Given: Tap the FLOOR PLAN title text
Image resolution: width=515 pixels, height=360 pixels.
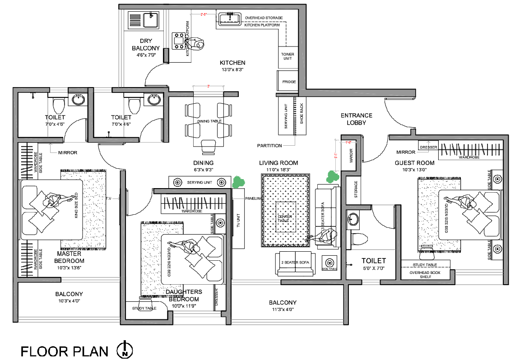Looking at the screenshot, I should point(65,351).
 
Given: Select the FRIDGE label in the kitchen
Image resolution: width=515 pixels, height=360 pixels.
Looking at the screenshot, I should point(289,82).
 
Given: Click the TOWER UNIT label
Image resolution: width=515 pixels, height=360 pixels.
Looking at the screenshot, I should point(288,56).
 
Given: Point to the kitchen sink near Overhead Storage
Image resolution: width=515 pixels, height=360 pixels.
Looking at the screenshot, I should point(229,19).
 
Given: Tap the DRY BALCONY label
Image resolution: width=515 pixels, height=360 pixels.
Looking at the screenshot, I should point(146,44).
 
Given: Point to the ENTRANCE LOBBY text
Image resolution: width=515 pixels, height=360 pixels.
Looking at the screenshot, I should point(356,119).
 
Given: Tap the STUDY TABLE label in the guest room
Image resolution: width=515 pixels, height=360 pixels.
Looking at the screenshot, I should point(425,265).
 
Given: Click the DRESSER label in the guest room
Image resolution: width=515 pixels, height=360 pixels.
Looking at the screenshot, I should point(428,147).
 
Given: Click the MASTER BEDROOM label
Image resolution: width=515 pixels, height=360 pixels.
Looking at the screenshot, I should point(69,257).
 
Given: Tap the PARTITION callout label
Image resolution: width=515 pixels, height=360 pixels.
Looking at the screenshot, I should point(269,146).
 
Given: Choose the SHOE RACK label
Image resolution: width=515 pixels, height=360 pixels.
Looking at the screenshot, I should point(302,114).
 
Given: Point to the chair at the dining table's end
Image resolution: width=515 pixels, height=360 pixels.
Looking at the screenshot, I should point(208,146).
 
